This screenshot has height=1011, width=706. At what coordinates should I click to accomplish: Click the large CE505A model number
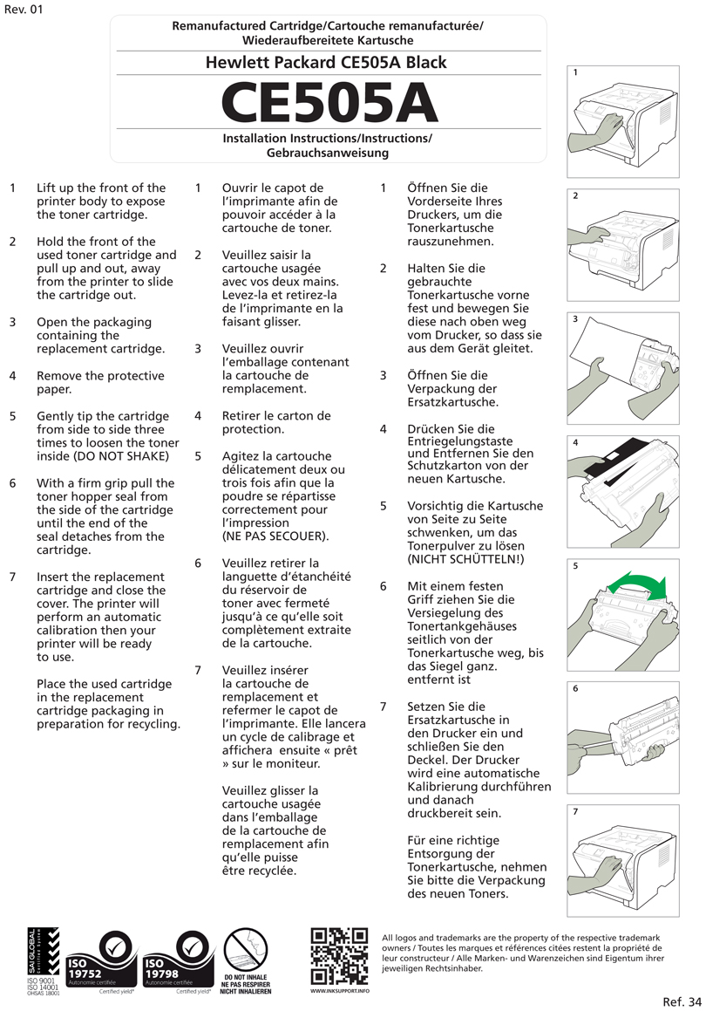click(x=329, y=102)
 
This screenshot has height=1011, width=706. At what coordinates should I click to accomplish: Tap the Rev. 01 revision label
click(x=23, y=10)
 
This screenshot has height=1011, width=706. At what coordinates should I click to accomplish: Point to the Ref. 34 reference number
click(x=682, y=1001)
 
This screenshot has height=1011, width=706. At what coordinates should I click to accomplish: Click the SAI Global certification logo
click(x=43, y=960)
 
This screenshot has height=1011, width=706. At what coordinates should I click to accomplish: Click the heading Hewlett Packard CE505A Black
click(x=326, y=63)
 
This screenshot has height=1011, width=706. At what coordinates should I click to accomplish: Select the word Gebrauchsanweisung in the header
click(x=328, y=153)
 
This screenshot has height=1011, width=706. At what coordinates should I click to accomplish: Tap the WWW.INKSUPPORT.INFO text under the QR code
click(x=340, y=991)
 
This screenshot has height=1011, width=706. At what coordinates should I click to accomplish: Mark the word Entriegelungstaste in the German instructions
click(x=460, y=441)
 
